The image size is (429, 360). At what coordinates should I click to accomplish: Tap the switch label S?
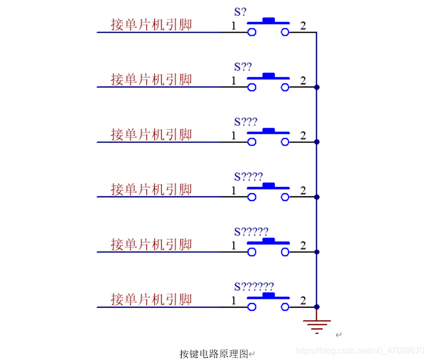240,11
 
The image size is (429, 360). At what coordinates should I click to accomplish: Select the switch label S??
242,67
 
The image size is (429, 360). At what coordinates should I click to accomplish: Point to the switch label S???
246,122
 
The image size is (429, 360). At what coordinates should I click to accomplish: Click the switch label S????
248,177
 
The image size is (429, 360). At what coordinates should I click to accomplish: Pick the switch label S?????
251,232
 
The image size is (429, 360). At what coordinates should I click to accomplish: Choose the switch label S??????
254,286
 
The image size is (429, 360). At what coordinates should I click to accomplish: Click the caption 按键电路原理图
214,354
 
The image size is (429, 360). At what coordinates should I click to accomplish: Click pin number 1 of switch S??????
234,301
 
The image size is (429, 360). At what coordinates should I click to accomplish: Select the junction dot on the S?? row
317,87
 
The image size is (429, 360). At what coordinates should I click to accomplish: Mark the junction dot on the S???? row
317,197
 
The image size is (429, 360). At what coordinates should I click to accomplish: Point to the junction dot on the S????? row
317,252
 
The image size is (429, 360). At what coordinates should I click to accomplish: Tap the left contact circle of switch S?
252,32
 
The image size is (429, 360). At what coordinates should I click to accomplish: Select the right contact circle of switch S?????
285,252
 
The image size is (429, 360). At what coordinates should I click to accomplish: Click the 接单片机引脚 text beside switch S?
151,24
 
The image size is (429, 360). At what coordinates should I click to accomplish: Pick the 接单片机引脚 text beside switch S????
151,189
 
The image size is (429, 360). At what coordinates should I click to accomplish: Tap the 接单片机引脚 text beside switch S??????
151,299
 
